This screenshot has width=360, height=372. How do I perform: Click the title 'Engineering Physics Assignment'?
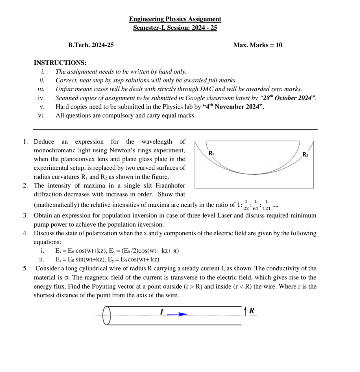175,19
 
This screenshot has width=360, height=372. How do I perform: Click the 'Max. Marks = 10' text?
258,45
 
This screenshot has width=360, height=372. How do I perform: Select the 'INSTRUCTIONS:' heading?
60,63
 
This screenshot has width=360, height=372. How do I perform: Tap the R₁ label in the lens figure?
211,153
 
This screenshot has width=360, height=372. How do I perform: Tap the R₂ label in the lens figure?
305,155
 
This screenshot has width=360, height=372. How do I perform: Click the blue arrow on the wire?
178,314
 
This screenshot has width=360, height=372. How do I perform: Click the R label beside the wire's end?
252,311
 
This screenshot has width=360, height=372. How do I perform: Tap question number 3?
25,216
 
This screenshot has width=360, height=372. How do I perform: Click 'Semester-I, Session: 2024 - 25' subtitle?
175,28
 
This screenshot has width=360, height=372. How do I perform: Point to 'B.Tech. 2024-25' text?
91,45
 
